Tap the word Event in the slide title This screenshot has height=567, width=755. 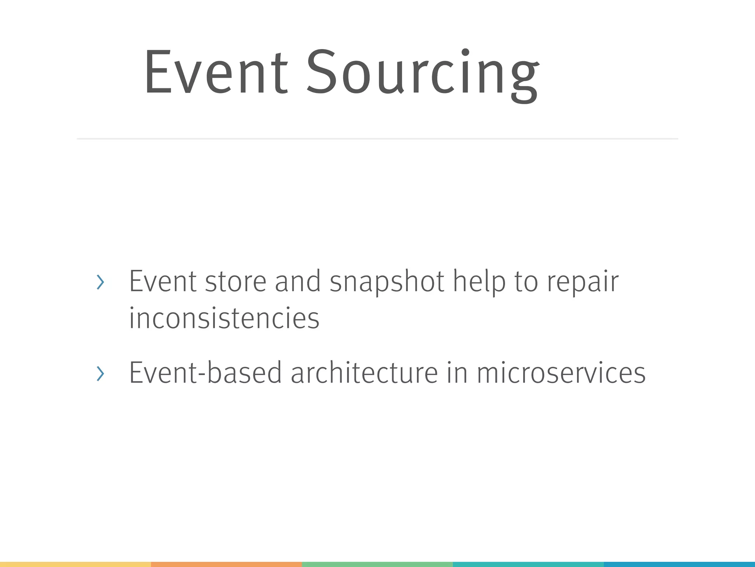pos(216,73)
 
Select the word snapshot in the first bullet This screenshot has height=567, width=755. pos(387,282)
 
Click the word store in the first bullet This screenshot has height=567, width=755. pos(235,282)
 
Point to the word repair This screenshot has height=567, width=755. pos(582,282)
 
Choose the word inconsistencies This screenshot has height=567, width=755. pos(224,318)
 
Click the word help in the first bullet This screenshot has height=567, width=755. pos(479,282)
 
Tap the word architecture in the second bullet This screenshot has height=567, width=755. pos(364,373)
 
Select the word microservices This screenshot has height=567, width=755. pos(561,373)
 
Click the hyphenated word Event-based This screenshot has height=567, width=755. pos(205,373)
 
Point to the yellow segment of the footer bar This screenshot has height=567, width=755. pos(75,564)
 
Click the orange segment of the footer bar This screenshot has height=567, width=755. pos(226,564)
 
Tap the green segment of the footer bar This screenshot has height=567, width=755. pos(377,564)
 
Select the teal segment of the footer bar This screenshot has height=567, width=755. pos(528,564)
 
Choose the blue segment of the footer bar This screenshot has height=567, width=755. pos(679,564)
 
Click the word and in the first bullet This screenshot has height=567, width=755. pos(298,282)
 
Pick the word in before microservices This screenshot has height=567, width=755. pos(457,373)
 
